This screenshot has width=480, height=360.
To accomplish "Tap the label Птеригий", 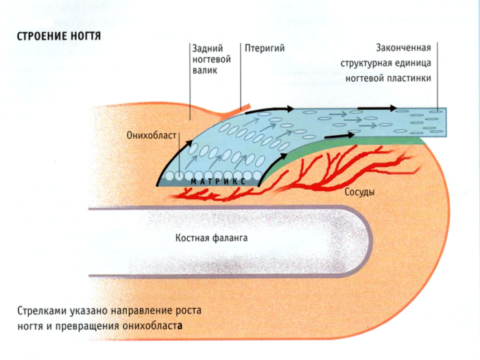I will pos(264,48).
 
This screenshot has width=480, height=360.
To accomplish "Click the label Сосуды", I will pos(359,192).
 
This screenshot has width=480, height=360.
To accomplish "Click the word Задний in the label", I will pos(207,48).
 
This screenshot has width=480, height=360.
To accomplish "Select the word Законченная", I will pos(403,48).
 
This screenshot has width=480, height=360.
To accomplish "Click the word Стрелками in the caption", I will pos(42,311).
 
